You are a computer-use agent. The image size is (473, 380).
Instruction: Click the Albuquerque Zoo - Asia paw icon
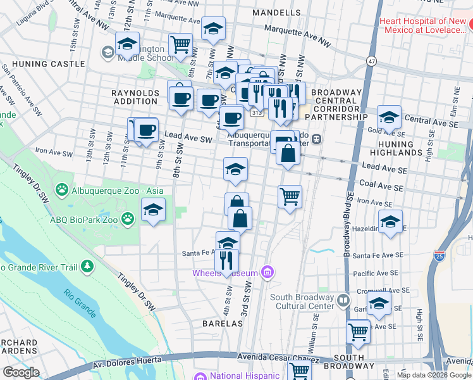tap(62, 189)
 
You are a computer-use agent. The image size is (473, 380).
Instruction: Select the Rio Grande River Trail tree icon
tap(87, 267)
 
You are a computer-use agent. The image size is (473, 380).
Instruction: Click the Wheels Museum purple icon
tap(268, 273)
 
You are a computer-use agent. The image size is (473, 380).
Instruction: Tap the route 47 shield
tap(371, 60)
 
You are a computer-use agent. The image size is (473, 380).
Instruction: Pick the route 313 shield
tap(256, 113)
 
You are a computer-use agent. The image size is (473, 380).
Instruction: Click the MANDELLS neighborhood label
tap(276, 13)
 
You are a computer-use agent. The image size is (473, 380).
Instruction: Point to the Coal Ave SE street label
tap(381, 187)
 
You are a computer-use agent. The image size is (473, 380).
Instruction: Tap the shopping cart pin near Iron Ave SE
tap(290, 196)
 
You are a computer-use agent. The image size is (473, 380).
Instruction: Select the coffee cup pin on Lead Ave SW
tap(146, 130)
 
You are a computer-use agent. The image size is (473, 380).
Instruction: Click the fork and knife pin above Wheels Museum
tap(226, 260)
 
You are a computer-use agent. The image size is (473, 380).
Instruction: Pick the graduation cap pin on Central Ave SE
tap(389, 117)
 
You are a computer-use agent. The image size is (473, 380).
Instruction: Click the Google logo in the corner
tap(21, 372)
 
